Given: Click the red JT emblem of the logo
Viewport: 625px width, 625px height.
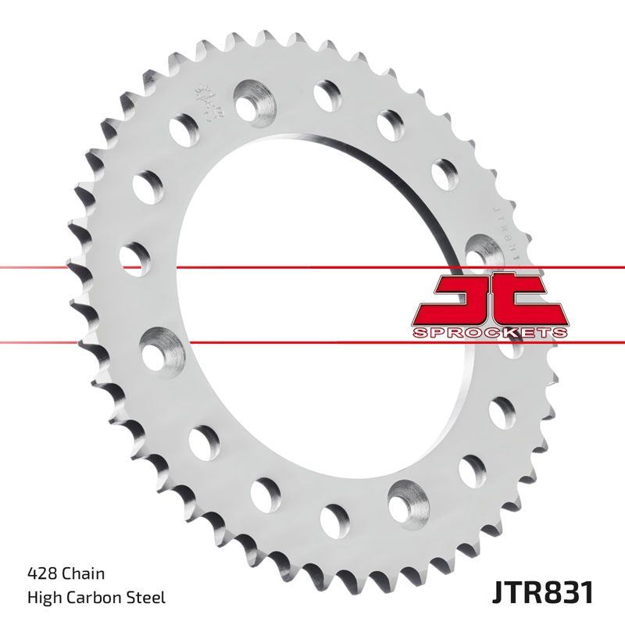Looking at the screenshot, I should [487, 301].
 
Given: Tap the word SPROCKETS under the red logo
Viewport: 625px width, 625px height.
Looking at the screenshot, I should [488, 333].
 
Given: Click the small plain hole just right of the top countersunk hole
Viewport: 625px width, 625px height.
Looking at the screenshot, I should [325, 95].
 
